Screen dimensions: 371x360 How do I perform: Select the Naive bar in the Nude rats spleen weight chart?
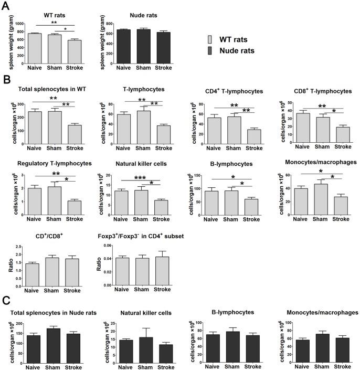[x=124, y=47]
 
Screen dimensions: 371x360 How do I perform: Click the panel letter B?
[x=6, y=81]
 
